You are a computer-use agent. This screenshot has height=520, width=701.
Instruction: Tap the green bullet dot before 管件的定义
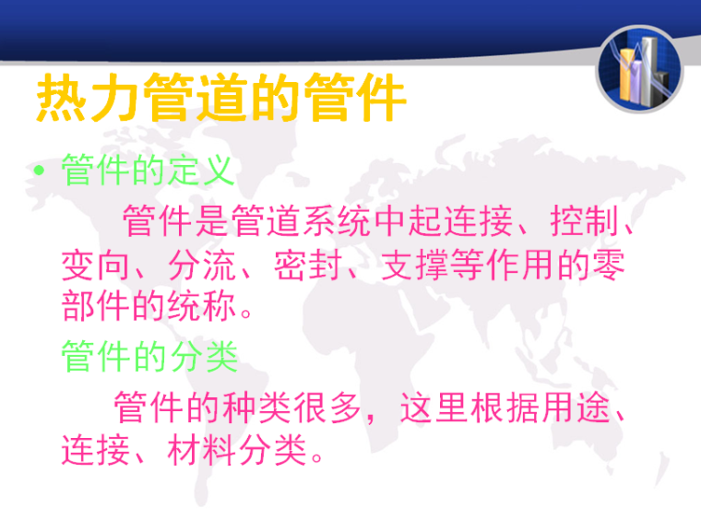[x=39, y=171]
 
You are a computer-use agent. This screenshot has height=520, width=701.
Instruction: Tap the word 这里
[x=434, y=407]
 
